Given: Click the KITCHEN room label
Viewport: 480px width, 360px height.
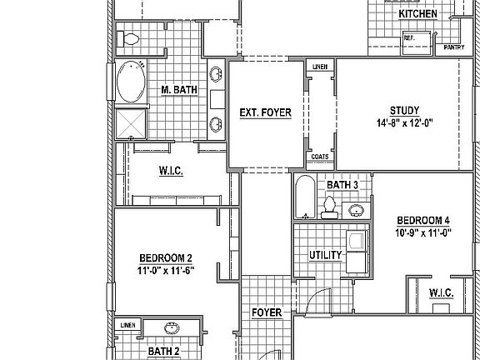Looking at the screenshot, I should tap(417, 14).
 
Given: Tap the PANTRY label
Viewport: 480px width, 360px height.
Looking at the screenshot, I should tap(454, 47).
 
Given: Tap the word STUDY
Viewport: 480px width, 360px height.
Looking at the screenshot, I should tap(404, 111).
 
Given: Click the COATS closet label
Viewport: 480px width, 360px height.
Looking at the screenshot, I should tap(319, 156).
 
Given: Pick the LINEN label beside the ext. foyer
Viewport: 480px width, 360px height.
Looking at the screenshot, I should tap(319, 66).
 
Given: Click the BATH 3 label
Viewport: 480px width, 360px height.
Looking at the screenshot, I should tap(342, 185).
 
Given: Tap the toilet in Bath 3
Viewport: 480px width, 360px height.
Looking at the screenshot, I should tap(330, 206).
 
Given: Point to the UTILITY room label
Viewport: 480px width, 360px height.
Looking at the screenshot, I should tap(324, 254).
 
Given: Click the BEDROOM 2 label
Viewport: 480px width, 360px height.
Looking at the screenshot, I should tap(166, 257).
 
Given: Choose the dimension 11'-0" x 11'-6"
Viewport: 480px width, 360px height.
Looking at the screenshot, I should tap(166, 270).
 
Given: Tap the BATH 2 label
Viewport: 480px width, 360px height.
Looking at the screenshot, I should tap(163, 352).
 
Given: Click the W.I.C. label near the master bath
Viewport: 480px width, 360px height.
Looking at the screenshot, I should tap(170, 171).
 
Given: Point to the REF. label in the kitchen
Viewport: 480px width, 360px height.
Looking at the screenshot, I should tap(410, 37).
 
